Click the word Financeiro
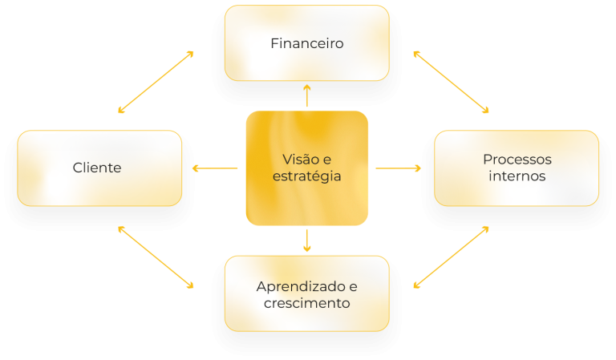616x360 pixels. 306,43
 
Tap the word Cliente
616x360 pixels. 97,168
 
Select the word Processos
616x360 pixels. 517,160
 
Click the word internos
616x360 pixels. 517,176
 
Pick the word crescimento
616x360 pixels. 306,303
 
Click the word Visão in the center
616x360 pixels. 296,159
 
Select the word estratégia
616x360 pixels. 306,176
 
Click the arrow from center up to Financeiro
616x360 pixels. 306,95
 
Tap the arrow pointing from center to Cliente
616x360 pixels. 215,168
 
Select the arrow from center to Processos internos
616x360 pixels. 398,168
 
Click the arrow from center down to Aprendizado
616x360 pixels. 306,241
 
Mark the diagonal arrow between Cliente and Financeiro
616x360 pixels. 156,81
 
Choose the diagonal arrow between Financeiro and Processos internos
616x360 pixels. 451,81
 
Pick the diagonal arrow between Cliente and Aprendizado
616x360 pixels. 156,257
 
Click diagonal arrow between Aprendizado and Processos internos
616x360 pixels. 451,257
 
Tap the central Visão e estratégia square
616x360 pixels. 306,200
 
